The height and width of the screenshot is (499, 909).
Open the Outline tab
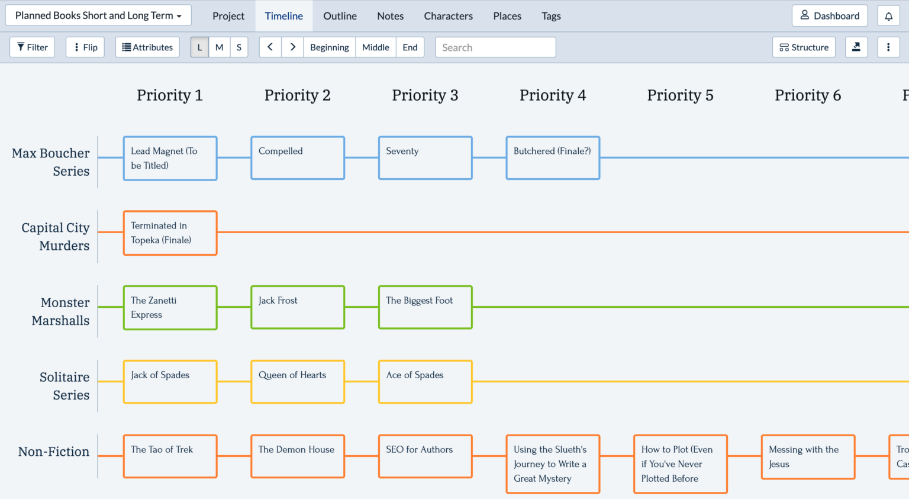coord(340,16)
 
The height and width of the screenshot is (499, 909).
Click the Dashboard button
coord(829,16)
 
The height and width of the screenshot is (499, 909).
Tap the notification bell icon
coord(888,16)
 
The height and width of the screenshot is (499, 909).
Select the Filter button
coord(33,47)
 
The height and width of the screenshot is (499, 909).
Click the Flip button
coord(85,47)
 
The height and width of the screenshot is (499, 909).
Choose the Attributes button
coord(147,47)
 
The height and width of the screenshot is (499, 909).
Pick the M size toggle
coord(219,47)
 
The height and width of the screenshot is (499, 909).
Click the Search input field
coord(495,47)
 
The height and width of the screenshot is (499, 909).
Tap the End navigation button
coord(410,47)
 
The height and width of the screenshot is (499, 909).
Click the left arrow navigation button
coord(270,47)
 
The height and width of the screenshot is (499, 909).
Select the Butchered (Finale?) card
coord(553,158)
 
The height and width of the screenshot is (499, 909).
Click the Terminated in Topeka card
coord(170,233)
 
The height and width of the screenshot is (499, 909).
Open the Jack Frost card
coord(298,307)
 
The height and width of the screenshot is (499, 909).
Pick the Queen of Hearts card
coord(298,382)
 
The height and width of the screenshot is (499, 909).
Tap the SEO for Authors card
coord(425,456)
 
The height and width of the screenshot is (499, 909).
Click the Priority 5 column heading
coord(680,95)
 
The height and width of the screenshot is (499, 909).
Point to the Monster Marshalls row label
coord(60,311)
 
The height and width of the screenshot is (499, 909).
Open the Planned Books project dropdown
coord(98,15)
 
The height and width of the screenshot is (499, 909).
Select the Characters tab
coord(448,16)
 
